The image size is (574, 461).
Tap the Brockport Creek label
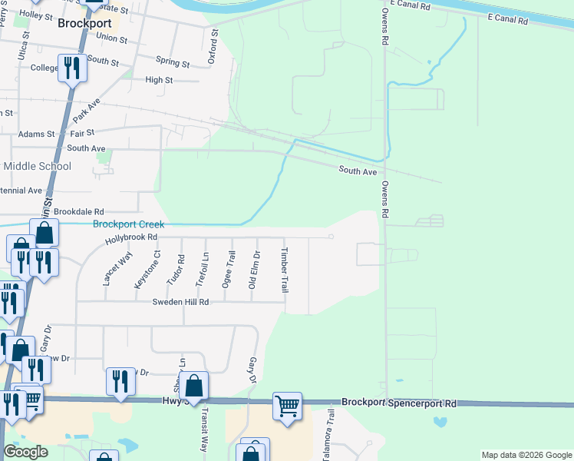[x=129, y=224]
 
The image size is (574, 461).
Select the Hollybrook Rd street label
[x=131, y=237]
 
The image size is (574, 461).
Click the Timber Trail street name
[x=284, y=270]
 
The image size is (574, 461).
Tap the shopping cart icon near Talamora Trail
[x=287, y=405]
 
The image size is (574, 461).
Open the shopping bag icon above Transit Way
[x=195, y=385]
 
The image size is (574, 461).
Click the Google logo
[x=25, y=452]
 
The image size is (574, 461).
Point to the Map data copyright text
[x=526, y=455]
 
